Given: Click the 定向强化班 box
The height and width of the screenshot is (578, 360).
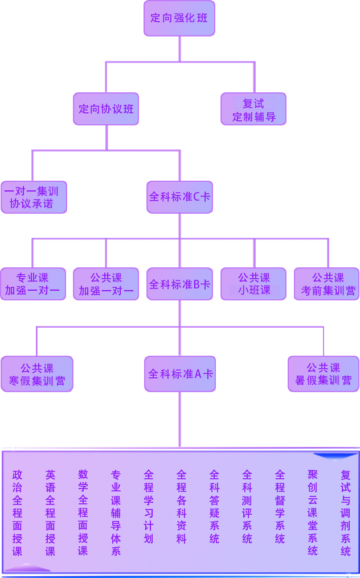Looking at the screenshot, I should [179, 18].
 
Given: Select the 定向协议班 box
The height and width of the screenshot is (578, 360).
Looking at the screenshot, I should [106, 108].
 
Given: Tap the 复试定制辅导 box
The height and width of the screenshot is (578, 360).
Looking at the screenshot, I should [253, 109].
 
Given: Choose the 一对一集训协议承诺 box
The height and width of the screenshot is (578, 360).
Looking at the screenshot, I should [32, 197].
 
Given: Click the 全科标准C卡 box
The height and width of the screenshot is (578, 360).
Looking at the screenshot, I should [179, 197].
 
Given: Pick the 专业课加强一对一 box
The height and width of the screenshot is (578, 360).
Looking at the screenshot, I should [32, 284].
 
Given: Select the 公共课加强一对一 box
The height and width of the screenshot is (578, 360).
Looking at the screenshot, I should [106, 284].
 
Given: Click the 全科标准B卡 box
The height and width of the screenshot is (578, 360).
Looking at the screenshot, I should [179, 284].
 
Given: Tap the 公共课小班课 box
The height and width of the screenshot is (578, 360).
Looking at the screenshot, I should [253, 284].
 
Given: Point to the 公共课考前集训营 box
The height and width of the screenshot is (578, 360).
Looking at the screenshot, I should [327, 284].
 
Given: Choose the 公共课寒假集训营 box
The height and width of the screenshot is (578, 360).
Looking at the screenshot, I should [37, 374].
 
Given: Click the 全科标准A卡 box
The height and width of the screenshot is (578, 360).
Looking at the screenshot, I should [180, 374].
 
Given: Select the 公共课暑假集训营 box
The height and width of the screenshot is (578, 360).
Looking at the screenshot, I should [323, 374].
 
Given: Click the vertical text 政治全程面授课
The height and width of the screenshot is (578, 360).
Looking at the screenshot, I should [18, 512].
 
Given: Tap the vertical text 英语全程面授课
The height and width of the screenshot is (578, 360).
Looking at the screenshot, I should [51, 512].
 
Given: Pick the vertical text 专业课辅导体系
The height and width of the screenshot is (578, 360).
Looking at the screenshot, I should [116, 512].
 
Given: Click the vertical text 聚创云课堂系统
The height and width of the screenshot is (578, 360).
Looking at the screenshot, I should [313, 512].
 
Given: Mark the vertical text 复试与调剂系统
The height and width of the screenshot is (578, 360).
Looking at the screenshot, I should [346, 512].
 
